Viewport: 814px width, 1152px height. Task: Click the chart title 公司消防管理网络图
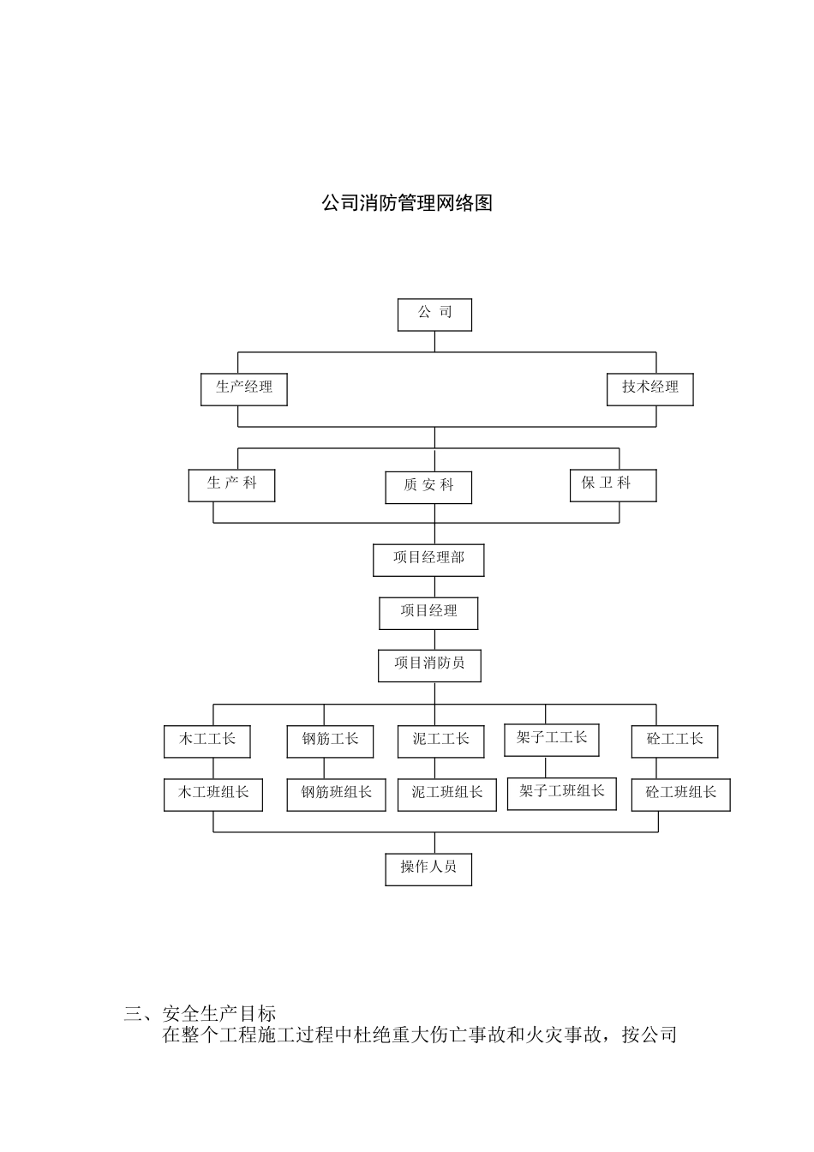click(x=407, y=203)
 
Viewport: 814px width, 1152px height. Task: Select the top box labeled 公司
click(x=434, y=314)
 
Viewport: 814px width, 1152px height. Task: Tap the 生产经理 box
click(x=244, y=388)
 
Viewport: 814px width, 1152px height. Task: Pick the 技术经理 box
click(x=649, y=388)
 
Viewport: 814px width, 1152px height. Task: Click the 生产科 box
click(x=231, y=484)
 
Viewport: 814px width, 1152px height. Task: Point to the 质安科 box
click(x=428, y=487)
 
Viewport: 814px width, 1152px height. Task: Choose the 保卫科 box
click(x=613, y=484)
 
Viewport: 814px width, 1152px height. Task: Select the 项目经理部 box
click(x=428, y=559)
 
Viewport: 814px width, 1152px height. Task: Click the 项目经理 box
click(x=428, y=612)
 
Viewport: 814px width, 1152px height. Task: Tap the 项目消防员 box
click(x=429, y=664)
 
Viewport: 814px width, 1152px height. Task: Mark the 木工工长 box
click(x=206, y=741)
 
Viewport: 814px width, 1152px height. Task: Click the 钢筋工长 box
click(x=330, y=741)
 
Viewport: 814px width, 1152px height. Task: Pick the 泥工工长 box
click(x=440, y=741)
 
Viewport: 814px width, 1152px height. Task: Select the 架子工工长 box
click(x=551, y=739)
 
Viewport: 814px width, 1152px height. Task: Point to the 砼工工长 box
click(x=674, y=741)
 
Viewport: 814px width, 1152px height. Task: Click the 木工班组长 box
click(x=213, y=794)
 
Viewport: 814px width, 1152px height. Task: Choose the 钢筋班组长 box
click(x=336, y=794)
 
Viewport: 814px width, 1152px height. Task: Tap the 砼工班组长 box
click(x=680, y=794)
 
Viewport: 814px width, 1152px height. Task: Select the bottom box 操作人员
click(x=428, y=868)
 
